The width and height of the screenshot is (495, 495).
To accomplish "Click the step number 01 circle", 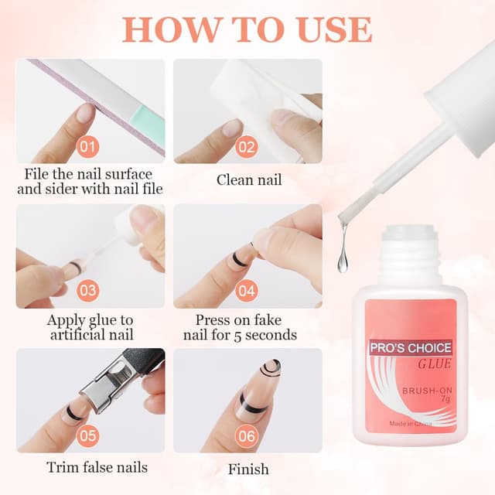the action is (87, 147).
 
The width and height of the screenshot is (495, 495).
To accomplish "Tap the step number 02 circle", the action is (247, 147).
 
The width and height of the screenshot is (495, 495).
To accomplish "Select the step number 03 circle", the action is (87, 291).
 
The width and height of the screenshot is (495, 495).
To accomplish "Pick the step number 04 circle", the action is (247, 291).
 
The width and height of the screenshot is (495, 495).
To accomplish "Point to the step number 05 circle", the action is (87, 436).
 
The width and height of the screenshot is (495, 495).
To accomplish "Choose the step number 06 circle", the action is (247, 436).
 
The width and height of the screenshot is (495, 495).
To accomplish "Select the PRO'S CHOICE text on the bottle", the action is (411, 348).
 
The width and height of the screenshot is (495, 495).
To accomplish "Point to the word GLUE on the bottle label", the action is (435, 364).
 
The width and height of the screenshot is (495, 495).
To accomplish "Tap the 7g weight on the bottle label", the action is (445, 399).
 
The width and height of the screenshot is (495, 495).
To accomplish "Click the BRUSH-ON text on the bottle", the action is (427, 391).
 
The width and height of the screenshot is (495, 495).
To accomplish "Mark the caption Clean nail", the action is (249, 180).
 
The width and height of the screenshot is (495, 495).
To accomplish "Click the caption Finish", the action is (248, 469).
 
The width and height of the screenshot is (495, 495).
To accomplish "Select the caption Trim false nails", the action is (97, 467).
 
